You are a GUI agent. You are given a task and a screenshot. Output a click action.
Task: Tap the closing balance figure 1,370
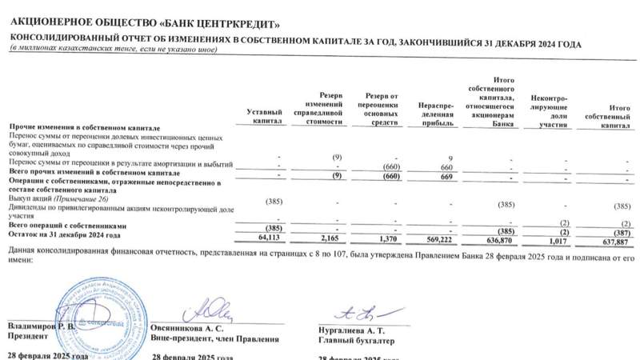pos(387,238)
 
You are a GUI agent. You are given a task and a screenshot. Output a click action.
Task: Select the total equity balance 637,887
pos(614,238)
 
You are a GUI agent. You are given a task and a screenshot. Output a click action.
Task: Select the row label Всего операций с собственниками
pos(68,227)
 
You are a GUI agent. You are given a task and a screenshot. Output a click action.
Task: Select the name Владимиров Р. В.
pos(41,327)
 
